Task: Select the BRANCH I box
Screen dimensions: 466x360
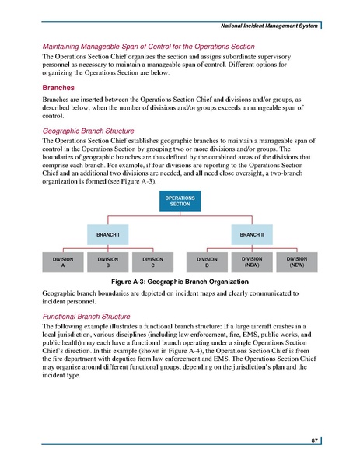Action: pyautogui.click(x=107, y=233)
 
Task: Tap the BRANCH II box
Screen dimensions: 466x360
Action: pyautogui.click(x=251, y=233)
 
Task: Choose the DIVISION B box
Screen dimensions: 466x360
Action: pyautogui.click(x=107, y=262)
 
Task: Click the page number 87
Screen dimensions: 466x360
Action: pyautogui.click(x=314, y=440)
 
